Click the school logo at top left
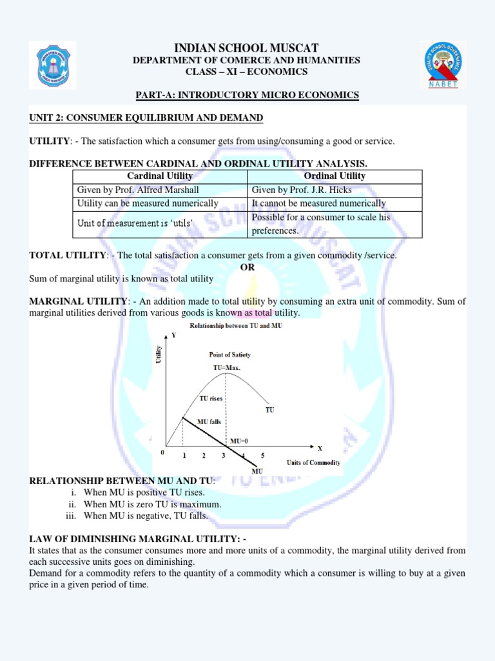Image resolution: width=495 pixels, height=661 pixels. coord(53,65)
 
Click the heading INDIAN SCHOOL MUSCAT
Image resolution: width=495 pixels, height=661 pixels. coord(247,48)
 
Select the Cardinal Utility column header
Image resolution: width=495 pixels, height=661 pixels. coord(160,176)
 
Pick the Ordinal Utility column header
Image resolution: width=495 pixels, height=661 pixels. coord(335,176)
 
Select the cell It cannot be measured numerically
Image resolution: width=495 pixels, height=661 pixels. coord(318,203)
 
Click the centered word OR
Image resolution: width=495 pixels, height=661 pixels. coord(247,267)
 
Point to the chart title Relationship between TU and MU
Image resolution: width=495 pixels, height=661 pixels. coord(235,326)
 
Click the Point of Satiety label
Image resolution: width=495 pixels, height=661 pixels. coord(230,354)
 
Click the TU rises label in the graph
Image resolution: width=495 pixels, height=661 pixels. coord(211,398)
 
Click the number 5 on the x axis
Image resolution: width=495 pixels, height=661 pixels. coord(262,456)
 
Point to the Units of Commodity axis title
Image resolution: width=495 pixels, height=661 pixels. coord(313,463)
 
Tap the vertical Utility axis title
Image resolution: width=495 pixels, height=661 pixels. coord(159,354)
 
